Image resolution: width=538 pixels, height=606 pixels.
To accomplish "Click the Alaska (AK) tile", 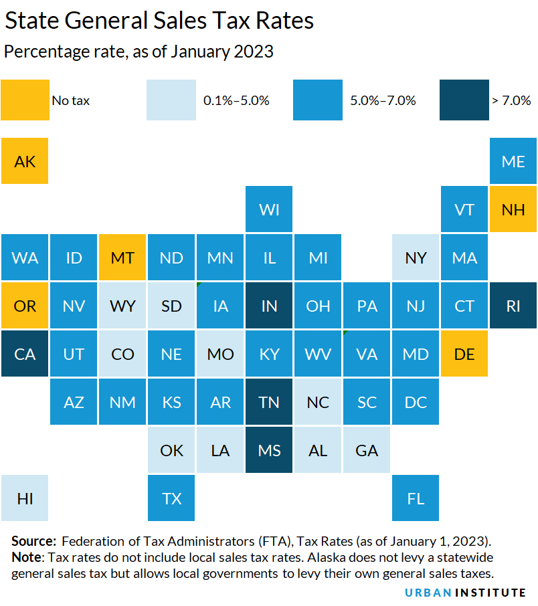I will pos(25,161).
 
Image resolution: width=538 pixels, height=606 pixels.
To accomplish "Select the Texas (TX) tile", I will pos(171,498).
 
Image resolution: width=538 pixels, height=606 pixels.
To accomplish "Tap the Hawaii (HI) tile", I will pos(25,498).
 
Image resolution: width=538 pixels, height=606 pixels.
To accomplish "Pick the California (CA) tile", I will pos(25,354).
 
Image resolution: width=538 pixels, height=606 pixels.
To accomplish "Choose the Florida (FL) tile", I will pos(416,498).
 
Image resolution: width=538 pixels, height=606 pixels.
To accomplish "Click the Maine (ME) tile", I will pos(513,161).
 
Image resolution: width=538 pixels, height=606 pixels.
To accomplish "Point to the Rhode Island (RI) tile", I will pos(513,306).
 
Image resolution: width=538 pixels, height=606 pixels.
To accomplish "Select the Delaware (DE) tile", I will pos(464,354).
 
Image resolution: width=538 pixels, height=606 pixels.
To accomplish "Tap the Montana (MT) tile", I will pos(122,258).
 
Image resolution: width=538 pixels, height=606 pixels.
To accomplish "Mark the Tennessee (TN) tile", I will pos(269,402).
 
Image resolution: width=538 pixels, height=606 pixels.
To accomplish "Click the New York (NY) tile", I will pos(416,258).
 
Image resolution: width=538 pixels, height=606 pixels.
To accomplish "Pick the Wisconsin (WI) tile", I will pos(269,209).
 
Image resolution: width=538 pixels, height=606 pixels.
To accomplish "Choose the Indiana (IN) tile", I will pos(269,306).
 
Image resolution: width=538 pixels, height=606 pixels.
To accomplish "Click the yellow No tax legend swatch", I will pos(25,100).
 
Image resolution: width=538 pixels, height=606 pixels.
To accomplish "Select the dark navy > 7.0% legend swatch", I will pos(464,100).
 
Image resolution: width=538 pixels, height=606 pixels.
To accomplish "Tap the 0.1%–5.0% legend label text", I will pos(236,101).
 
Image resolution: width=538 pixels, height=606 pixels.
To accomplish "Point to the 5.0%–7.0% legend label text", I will pos(383,101).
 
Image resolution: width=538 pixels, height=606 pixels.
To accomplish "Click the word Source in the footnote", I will pos(34,540).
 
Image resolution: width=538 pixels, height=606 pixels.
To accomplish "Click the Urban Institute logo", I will pos(465,593).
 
